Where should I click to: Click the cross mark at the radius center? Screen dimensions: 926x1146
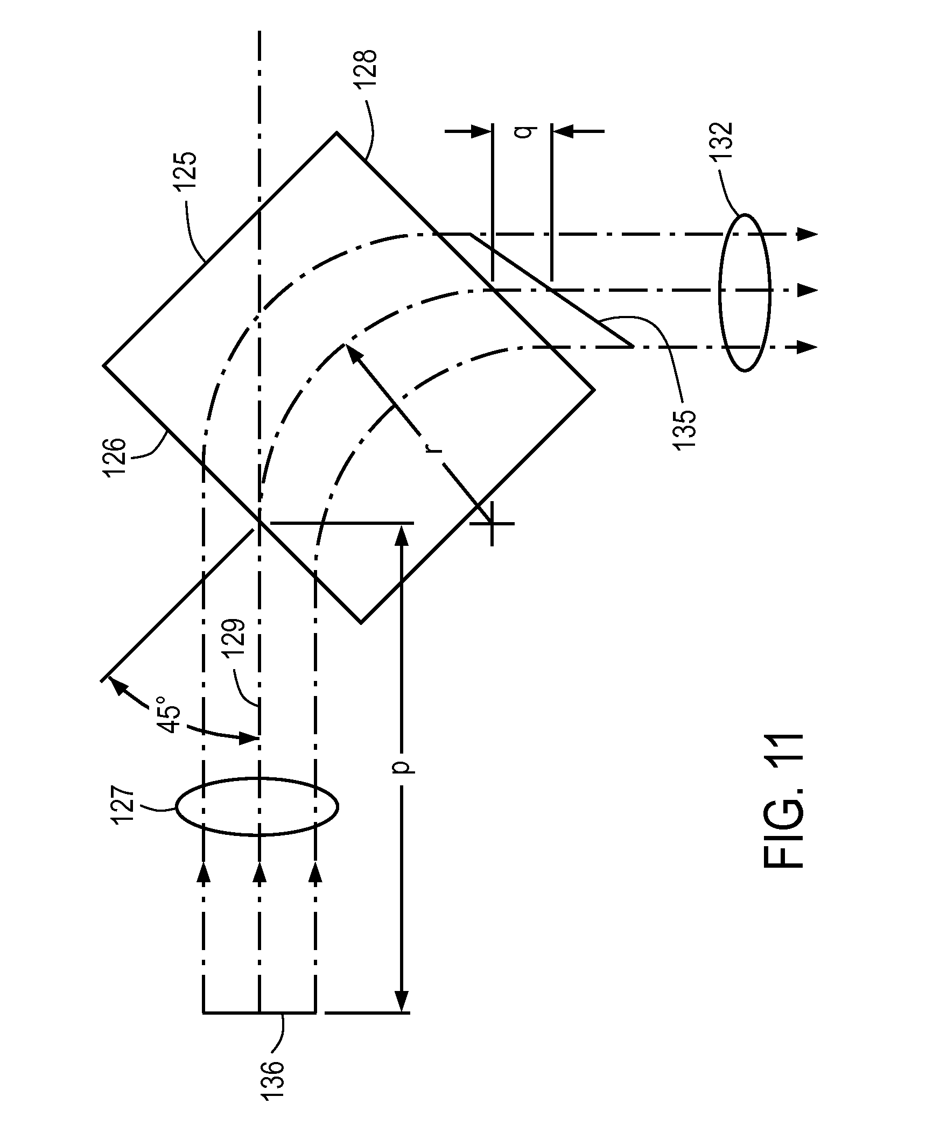(492, 523)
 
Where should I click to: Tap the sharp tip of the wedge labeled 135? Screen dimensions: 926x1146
(632, 346)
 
